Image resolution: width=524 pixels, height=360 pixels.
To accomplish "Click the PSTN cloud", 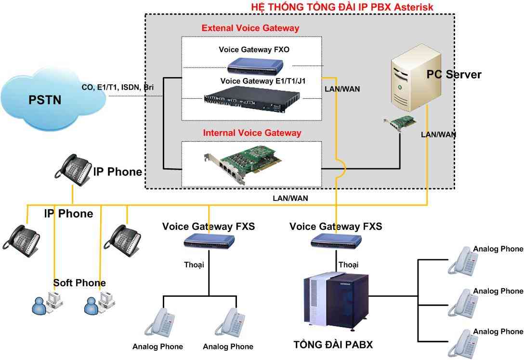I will (x=53, y=102).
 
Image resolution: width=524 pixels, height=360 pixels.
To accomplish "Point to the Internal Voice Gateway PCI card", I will (x=241, y=164).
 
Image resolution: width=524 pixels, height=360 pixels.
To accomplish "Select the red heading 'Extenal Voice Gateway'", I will (x=250, y=28).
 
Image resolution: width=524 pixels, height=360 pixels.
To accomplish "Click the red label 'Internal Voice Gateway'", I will (x=252, y=133).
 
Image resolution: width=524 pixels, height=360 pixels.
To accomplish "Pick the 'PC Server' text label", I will (x=454, y=74).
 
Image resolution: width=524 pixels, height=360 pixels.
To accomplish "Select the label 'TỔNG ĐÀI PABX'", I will (x=333, y=345).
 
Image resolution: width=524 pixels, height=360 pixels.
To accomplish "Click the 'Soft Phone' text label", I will (x=79, y=282).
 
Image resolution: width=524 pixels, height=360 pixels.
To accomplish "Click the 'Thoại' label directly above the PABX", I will (x=348, y=265).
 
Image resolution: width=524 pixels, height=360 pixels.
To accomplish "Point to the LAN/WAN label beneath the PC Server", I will (x=438, y=134).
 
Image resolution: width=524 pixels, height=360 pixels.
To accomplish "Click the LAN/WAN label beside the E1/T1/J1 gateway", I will (x=343, y=89).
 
